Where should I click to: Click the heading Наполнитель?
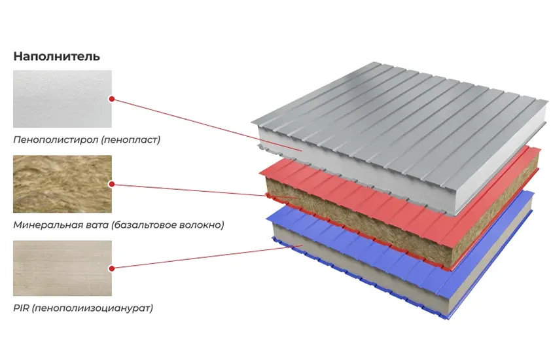[56, 56]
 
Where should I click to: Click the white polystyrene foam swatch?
[62, 99]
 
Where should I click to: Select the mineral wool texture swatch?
[62, 184]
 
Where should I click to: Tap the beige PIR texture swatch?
[62, 268]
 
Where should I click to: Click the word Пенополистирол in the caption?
[48, 139]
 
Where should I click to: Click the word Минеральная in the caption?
[43, 225]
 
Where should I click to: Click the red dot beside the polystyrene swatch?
[112, 99]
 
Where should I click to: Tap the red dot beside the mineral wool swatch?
[112, 185]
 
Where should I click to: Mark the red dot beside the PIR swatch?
[112, 268]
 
